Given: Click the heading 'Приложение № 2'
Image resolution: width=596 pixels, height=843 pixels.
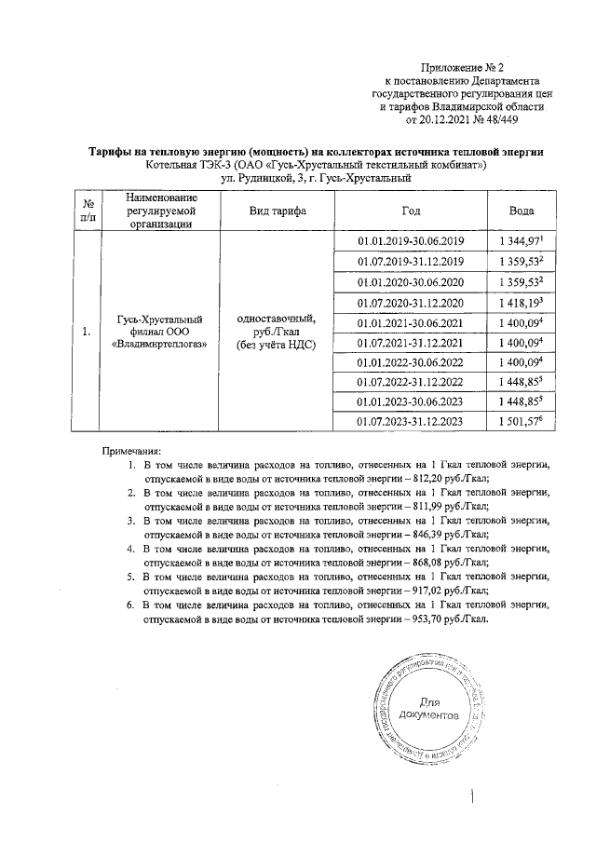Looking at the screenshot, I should (462, 68).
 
